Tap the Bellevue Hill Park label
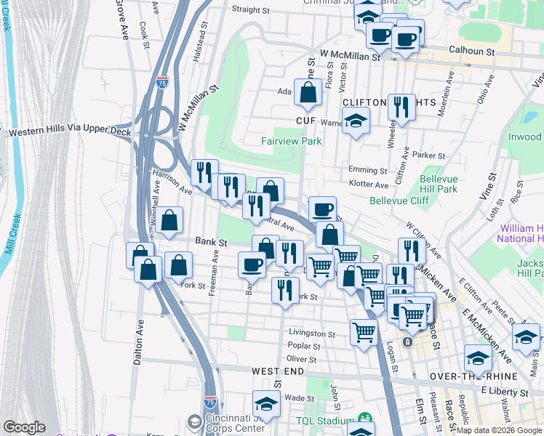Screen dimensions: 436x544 [x=447, y=183]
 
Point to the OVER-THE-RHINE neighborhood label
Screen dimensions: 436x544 [x=473, y=376]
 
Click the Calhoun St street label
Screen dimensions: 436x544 [x=471, y=52]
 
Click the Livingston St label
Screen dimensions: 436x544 [x=311, y=334]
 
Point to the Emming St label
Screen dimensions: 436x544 [x=367, y=170]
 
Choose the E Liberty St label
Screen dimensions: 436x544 [x=505, y=391]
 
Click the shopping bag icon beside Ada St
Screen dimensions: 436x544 [x=308, y=92]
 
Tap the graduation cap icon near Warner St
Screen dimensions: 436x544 [x=356, y=121]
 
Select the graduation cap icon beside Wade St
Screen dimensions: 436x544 [x=267, y=404]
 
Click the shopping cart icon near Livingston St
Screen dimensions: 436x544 [x=364, y=332]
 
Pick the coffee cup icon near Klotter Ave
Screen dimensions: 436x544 [x=322, y=209]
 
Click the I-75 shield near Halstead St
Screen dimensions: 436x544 [x=161, y=82]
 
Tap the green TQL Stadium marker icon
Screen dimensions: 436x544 [x=364, y=420]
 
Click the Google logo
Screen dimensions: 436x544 [x=24, y=427]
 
